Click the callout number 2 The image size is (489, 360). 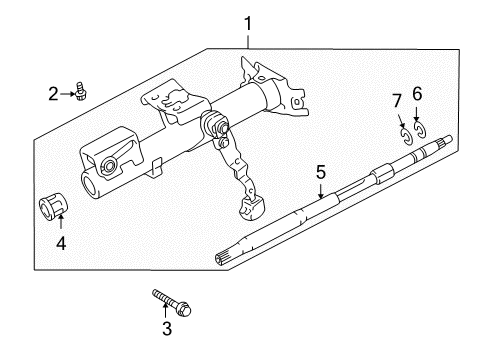(53, 94)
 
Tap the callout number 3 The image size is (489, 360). (167, 329)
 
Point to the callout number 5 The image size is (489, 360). (320, 173)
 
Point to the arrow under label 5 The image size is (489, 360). (321, 191)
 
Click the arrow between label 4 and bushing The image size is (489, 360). (61, 223)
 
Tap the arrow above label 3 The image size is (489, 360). (167, 311)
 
